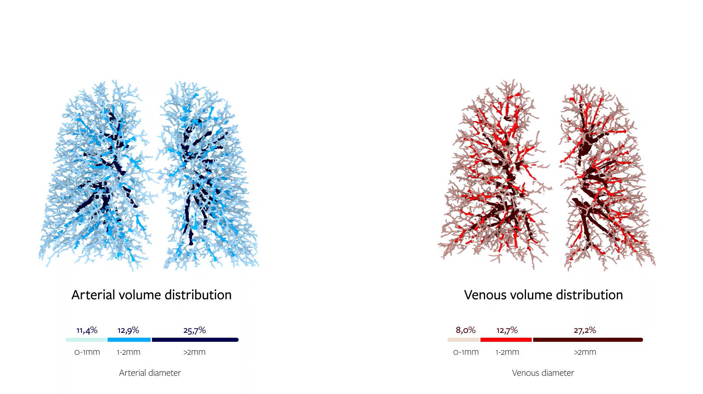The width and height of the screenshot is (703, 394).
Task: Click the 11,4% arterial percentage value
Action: [x=87, y=330]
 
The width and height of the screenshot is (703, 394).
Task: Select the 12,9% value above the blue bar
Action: [x=128, y=330]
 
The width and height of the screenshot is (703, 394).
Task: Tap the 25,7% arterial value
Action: [x=194, y=330]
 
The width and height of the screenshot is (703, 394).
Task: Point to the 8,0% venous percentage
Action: [x=466, y=330]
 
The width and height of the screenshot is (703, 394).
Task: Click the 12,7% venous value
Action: [x=507, y=330]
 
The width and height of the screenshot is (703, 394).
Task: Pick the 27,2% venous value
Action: [x=585, y=330]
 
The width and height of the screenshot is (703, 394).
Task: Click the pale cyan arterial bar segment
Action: [x=86, y=340]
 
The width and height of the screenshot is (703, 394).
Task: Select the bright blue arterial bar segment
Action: [x=129, y=340]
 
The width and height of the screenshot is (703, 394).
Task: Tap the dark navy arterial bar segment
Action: [x=195, y=340]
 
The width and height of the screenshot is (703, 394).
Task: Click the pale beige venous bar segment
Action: [x=463, y=340]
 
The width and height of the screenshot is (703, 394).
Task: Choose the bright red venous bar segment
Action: [x=506, y=340]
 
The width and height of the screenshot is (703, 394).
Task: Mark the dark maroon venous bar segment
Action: [x=588, y=340]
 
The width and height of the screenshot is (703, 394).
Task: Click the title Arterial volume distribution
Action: [x=151, y=295]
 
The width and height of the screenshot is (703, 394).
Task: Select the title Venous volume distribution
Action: [x=543, y=295]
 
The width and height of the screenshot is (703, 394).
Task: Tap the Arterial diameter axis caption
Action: [x=150, y=373]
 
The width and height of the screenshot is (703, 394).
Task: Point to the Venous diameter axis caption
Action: [x=543, y=373]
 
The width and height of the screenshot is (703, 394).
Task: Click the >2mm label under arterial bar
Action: [x=194, y=352]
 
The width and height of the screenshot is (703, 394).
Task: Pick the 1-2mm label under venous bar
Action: [x=507, y=352]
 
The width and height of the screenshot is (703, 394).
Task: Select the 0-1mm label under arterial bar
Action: [x=87, y=352]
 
